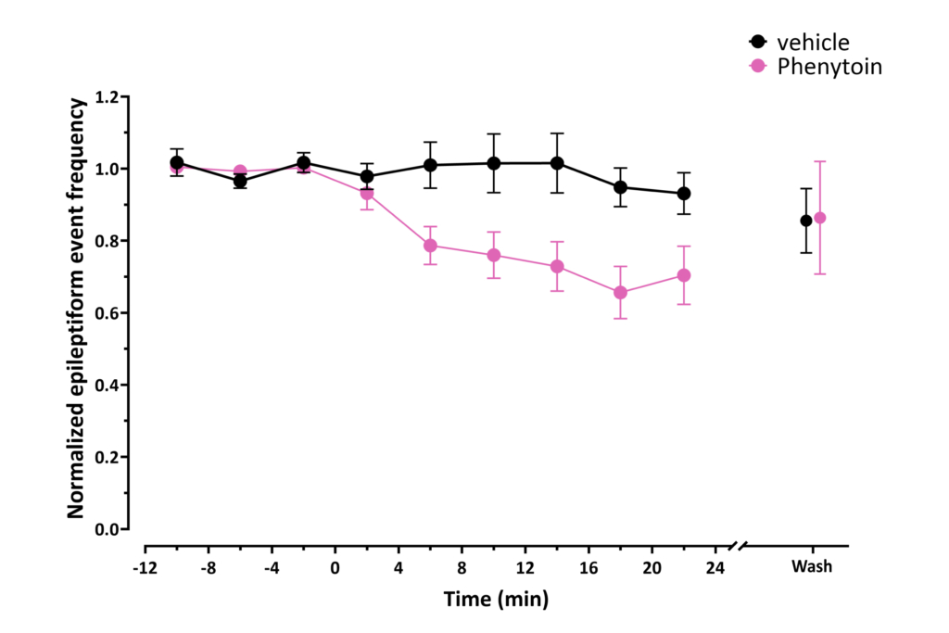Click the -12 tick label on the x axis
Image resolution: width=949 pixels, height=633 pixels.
tap(144, 567)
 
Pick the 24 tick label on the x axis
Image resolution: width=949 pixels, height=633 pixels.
tap(715, 567)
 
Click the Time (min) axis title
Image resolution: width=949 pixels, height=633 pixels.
tap(496, 599)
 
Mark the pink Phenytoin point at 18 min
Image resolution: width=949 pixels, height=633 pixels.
tap(621, 293)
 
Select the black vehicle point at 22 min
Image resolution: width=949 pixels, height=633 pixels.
tap(684, 194)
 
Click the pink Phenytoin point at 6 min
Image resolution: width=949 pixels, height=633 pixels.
tap(430, 246)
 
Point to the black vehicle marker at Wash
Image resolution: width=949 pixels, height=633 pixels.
tap(806, 221)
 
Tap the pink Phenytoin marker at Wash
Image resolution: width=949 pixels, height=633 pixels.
tap(819, 218)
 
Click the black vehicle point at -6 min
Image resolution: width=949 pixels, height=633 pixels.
tap(240, 181)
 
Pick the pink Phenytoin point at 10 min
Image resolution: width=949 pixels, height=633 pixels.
tap(494, 255)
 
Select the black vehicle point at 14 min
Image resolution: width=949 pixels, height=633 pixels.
tap(557, 163)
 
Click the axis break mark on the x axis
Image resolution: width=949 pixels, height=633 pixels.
tap(738, 546)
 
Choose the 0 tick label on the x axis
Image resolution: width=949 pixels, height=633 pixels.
tap(335, 567)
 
